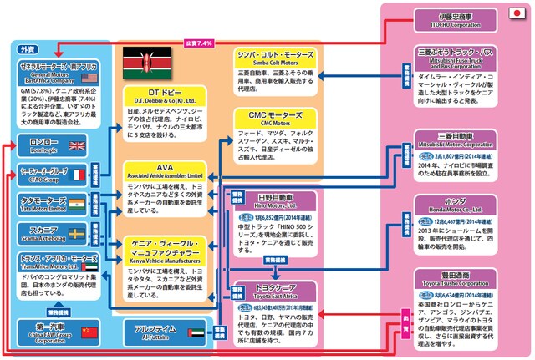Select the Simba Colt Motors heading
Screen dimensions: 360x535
click(x=275, y=56)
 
